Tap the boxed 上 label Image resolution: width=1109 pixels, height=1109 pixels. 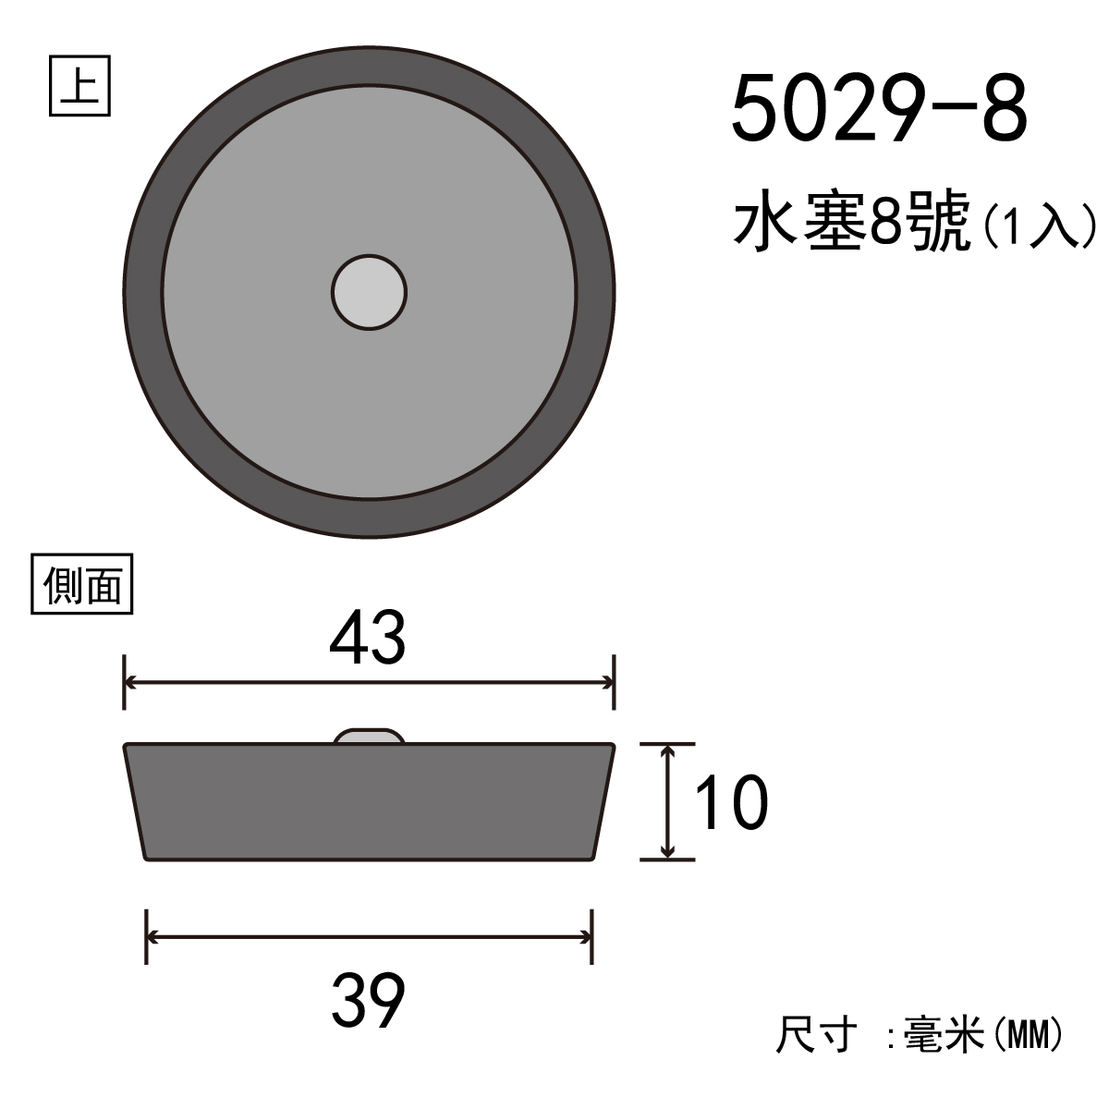(79, 86)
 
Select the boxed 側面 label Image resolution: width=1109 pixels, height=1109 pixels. (81, 584)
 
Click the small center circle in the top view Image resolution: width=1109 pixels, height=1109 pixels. (369, 292)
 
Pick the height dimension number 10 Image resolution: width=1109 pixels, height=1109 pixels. (731, 801)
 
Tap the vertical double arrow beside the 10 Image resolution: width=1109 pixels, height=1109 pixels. (667, 801)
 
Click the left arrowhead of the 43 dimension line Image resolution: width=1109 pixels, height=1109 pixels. (130, 683)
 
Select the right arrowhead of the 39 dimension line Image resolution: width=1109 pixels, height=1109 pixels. (586, 937)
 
